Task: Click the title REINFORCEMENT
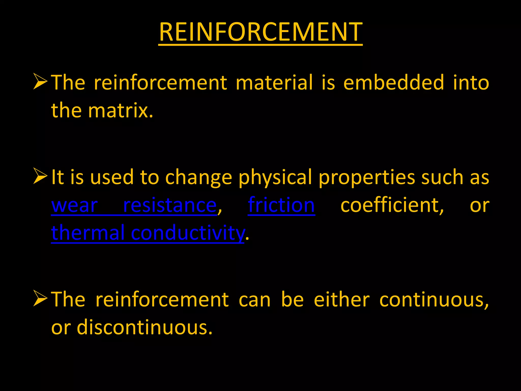click(260, 32)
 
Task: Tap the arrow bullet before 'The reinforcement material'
click(40, 81)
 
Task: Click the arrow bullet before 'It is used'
click(40, 176)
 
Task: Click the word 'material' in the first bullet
click(274, 82)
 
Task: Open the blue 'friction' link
click(281, 205)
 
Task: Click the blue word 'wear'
click(74, 205)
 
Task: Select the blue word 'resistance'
click(170, 205)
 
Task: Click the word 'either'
click(342, 300)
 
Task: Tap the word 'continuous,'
click(434, 300)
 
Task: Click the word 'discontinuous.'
click(144, 327)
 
